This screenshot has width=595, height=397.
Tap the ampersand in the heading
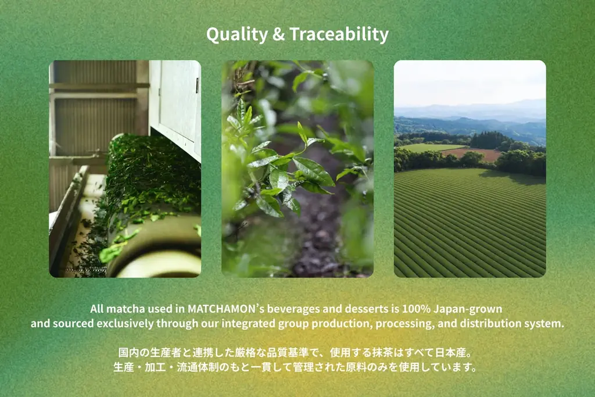pos(278,34)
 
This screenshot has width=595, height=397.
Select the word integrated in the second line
pos(246,324)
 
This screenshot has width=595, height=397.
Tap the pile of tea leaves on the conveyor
pos(151,174)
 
